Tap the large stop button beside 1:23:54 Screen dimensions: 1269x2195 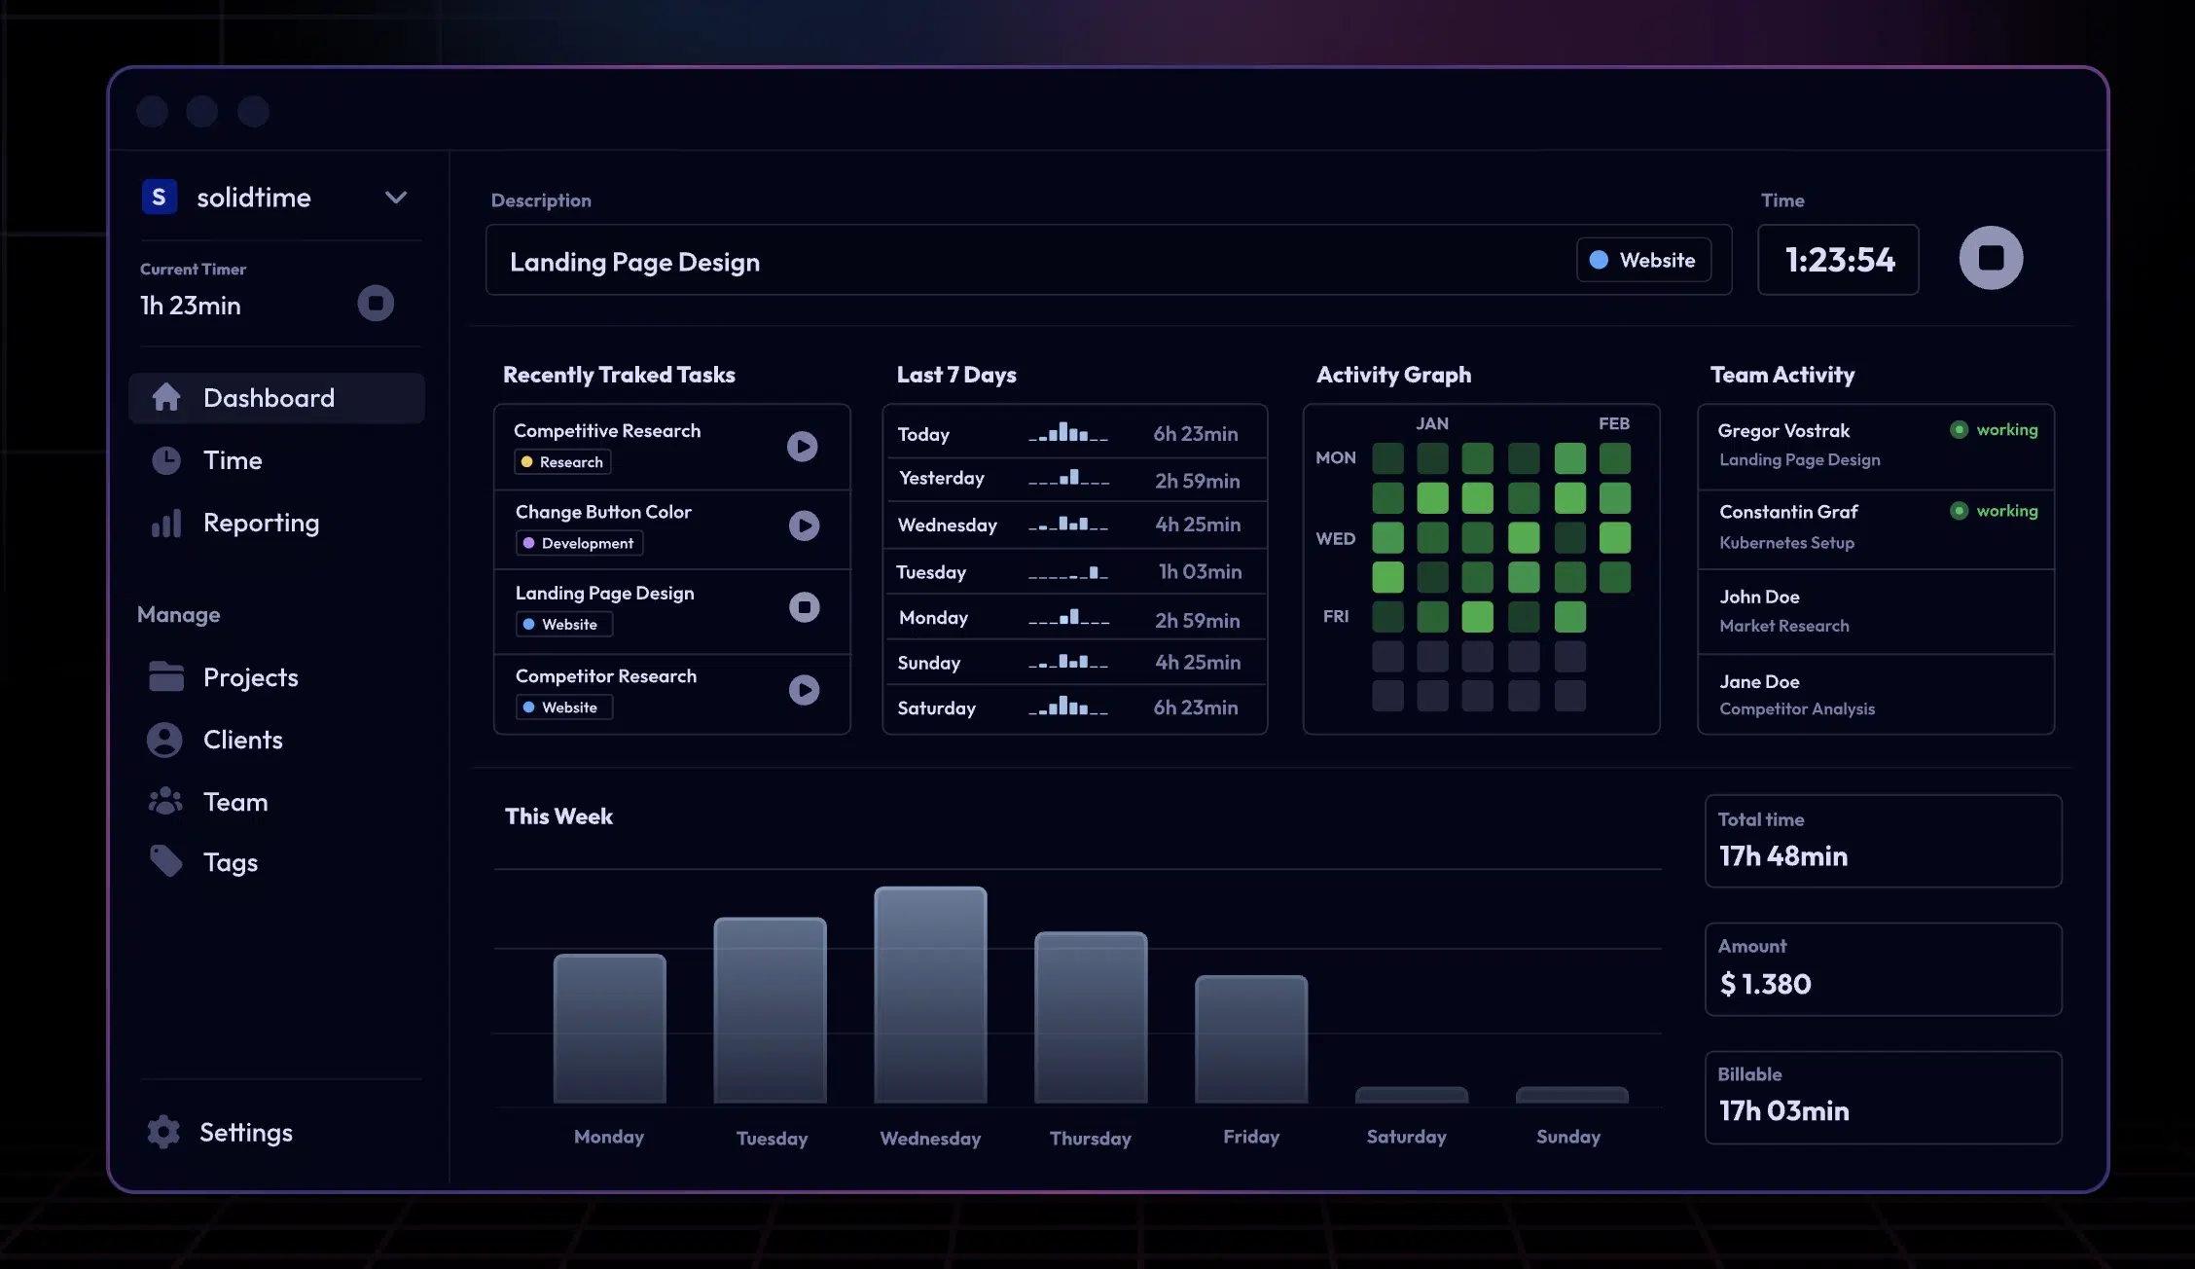tap(1990, 258)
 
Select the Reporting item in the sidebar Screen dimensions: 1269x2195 tap(260, 524)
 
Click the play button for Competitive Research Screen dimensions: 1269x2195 tap(802, 447)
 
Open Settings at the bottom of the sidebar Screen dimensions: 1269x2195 tap(244, 1133)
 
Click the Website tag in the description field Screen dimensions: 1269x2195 tap(1643, 261)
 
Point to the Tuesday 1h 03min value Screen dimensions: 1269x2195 tap(1200, 572)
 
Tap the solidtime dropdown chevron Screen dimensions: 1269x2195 tap(395, 198)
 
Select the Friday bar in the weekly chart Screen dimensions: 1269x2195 tap(1250, 1038)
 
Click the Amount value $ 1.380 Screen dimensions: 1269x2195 tap(1765, 984)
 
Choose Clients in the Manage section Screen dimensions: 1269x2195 tap(242, 741)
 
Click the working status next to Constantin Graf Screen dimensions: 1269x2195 tap(2005, 511)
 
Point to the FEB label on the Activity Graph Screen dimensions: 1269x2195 tap(1613, 424)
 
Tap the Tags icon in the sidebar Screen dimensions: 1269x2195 tap(165, 861)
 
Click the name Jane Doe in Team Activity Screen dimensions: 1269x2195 tap(1759, 682)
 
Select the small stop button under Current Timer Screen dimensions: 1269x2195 tap(376, 304)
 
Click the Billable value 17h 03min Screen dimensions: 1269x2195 tap(1783, 1111)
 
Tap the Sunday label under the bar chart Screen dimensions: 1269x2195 tap(1567, 1137)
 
